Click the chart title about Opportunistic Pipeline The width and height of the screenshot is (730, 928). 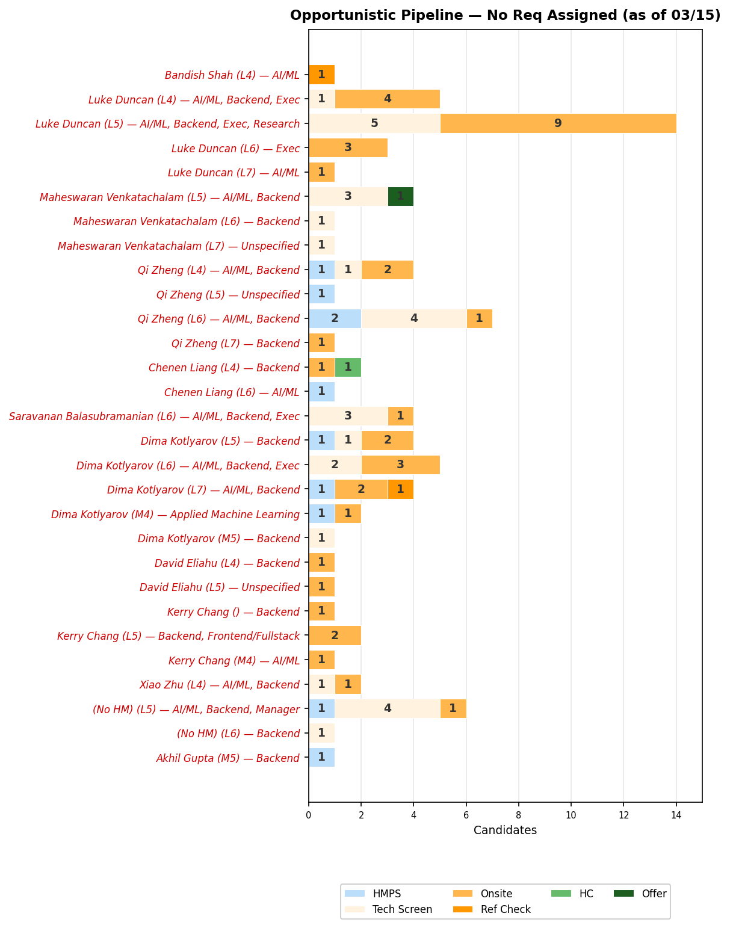coord(505,16)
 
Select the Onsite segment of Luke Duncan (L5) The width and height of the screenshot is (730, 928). coord(558,123)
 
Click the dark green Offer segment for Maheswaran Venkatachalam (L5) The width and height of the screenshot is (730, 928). coord(400,197)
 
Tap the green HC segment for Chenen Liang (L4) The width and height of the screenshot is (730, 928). coord(348,367)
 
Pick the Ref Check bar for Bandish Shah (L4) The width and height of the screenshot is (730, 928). coord(321,75)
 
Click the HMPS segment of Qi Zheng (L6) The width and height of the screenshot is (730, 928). coord(335,318)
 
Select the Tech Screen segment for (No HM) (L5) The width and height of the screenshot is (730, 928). coord(388,709)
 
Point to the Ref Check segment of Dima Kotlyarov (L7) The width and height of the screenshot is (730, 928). coord(400,489)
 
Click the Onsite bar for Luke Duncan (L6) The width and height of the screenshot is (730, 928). coord(348,147)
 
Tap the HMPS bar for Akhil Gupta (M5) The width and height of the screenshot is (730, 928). coord(321,758)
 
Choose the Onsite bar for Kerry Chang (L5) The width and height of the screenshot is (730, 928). coord(335,636)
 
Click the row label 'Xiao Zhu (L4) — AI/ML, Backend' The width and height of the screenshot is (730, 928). coord(219,685)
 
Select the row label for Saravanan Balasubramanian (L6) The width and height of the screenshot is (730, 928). coord(154,416)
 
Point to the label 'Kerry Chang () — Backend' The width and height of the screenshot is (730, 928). coord(233,612)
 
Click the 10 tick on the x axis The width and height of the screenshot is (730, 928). coord(571,815)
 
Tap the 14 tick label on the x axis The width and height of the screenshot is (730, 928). coord(676,815)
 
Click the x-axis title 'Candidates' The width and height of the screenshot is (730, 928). coord(505,831)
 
